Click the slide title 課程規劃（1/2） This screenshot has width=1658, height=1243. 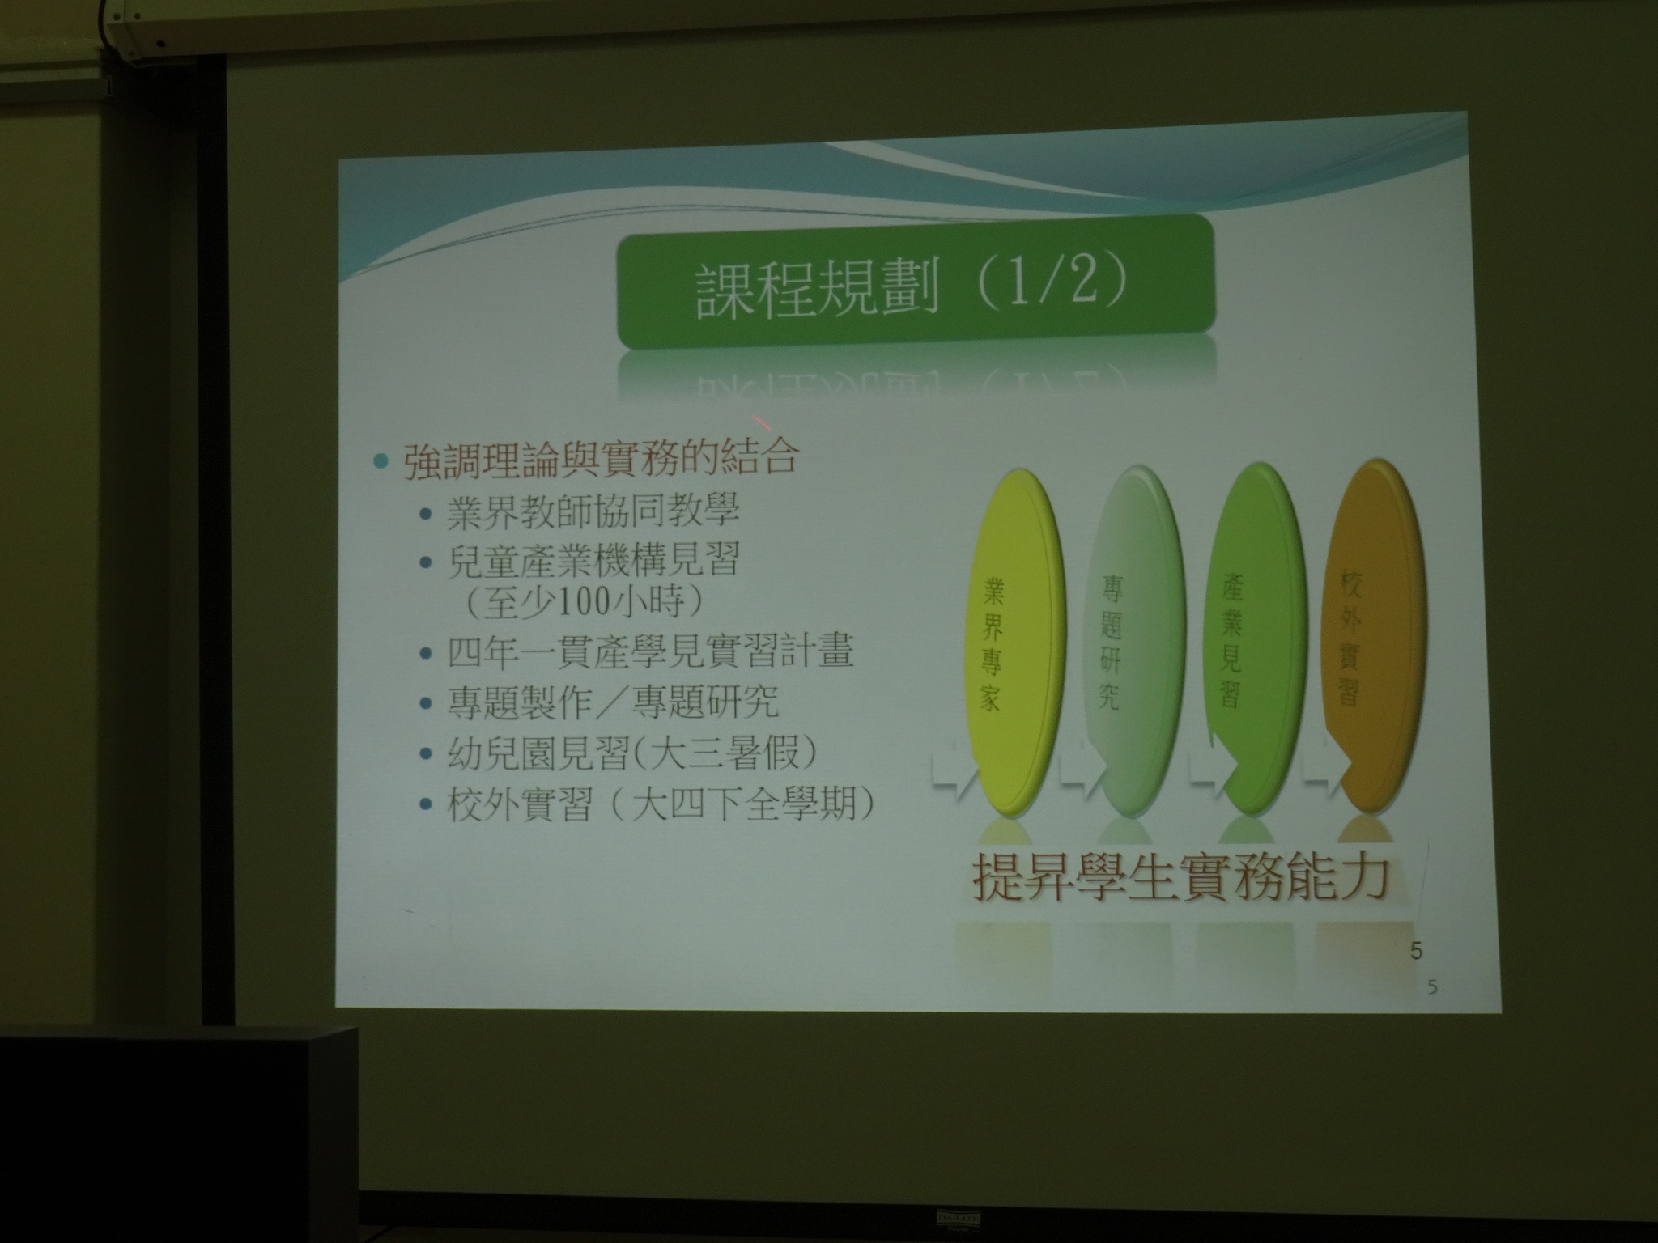[x=911, y=287]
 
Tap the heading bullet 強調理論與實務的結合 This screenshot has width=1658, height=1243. [x=601, y=458]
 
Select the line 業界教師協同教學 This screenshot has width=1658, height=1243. [x=593, y=511]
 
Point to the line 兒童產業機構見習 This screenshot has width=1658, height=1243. [x=593, y=559]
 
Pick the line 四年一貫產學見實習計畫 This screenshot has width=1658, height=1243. [x=650, y=652]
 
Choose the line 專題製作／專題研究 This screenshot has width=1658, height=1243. [x=613, y=702]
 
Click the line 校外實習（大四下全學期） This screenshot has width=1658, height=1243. [x=661, y=805]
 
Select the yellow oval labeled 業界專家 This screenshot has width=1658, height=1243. [x=1011, y=642]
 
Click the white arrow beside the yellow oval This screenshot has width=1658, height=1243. [x=953, y=774]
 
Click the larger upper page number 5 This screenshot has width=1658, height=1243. [x=1416, y=951]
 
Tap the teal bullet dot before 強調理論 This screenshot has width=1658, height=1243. [x=381, y=460]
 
